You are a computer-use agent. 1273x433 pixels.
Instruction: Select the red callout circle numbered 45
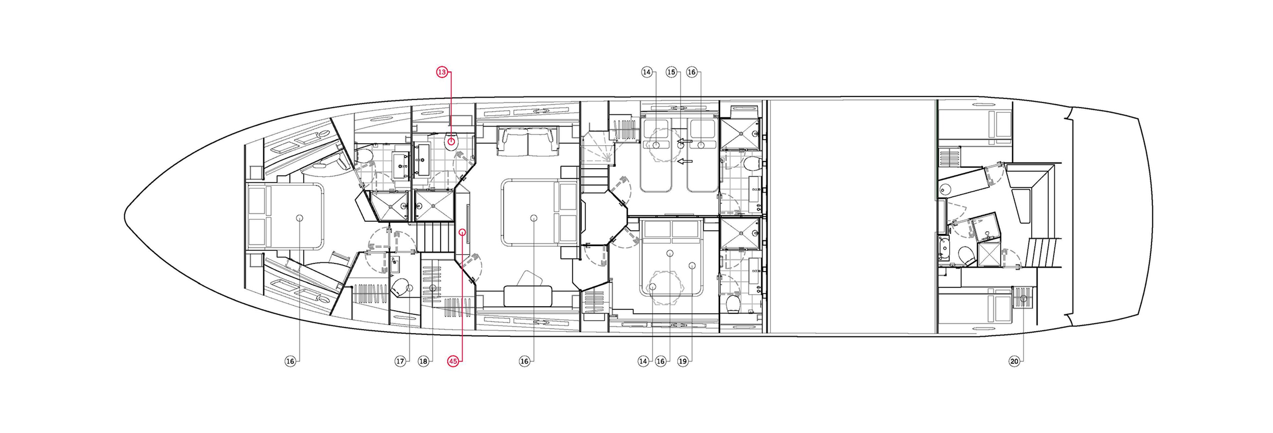(454, 361)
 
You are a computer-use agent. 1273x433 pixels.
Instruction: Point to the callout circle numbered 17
(400, 361)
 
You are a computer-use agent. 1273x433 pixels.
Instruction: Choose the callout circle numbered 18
(423, 361)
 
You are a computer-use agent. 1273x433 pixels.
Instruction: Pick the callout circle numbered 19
(683, 361)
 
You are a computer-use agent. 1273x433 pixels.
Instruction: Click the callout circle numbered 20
(1014, 361)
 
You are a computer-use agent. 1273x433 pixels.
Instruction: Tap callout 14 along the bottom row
(643, 361)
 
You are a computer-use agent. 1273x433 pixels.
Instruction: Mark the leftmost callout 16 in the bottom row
(290, 361)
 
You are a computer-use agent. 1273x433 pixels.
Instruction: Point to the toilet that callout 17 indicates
(402, 288)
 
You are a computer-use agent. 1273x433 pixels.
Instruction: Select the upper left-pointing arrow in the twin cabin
(685, 143)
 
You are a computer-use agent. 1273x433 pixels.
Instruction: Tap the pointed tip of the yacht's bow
(125, 216)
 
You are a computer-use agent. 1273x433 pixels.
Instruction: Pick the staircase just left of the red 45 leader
(435, 237)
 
